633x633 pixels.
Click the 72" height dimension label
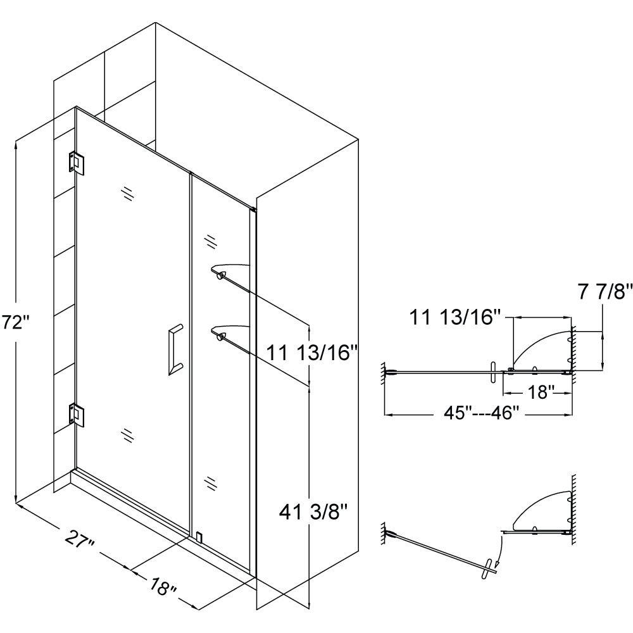(x=15, y=324)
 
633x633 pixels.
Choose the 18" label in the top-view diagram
(x=541, y=392)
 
